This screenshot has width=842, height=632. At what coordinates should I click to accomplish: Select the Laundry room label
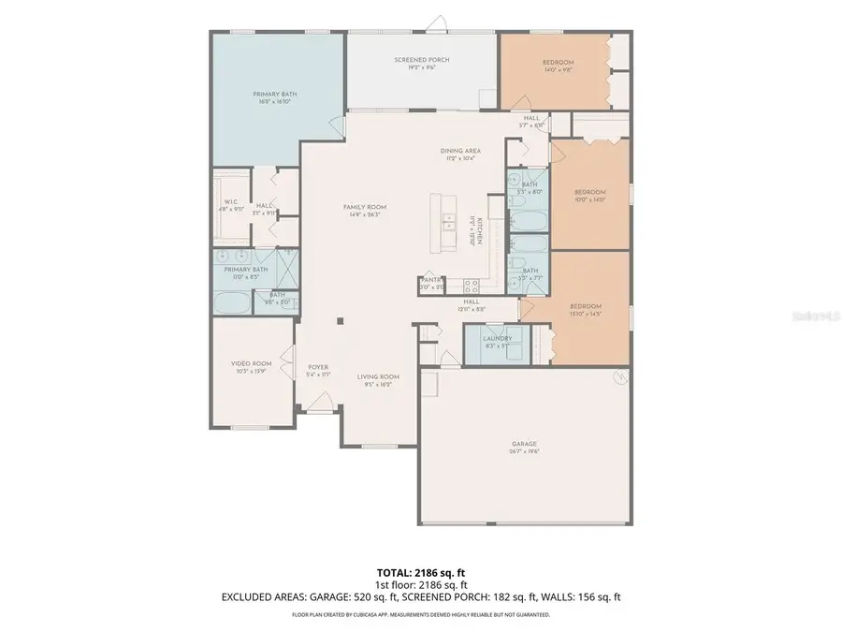pyautogui.click(x=497, y=338)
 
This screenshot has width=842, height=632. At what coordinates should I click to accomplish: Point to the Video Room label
pyautogui.click(x=251, y=363)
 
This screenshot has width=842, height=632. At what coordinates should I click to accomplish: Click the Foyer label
pyautogui.click(x=318, y=367)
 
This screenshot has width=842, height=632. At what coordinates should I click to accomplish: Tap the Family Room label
pyautogui.click(x=365, y=207)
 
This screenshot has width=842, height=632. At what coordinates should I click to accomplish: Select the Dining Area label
pyautogui.click(x=460, y=151)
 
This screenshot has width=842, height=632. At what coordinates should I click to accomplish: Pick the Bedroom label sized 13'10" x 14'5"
pyautogui.click(x=586, y=306)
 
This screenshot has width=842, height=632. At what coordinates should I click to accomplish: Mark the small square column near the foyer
pyautogui.click(x=341, y=321)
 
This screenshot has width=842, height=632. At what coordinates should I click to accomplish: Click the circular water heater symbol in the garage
pyautogui.click(x=617, y=378)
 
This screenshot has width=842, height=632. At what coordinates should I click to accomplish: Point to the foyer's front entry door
pyautogui.click(x=320, y=410)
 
